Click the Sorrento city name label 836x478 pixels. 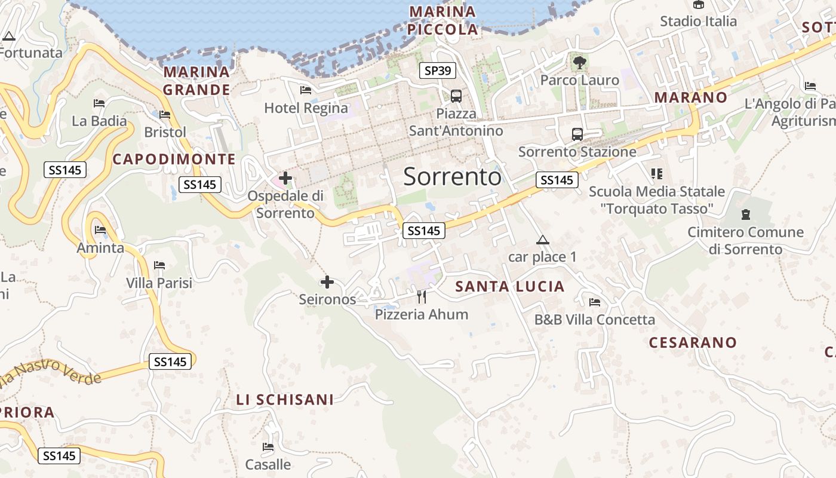click(x=452, y=177)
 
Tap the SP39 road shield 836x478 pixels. click(x=438, y=71)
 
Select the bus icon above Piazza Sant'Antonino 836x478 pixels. click(x=456, y=96)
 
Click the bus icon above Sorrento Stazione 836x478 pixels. click(x=577, y=134)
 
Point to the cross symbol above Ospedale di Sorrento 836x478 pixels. click(x=285, y=178)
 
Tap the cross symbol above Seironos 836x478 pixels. click(x=327, y=282)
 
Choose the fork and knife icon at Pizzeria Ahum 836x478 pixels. click(x=422, y=296)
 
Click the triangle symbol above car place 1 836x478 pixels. click(x=542, y=240)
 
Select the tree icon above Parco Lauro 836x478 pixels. click(x=579, y=61)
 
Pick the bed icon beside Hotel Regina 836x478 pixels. click(x=306, y=90)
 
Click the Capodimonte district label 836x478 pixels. click(x=174, y=159)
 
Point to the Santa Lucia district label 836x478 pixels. click(x=510, y=287)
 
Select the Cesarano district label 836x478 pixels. click(x=693, y=342)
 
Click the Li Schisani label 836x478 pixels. click(x=285, y=400)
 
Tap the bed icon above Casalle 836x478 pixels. click(x=268, y=446)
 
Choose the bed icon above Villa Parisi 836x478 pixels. click(x=159, y=265)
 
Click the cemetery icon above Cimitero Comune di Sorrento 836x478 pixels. click(x=745, y=214)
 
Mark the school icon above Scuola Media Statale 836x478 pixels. click(x=657, y=174)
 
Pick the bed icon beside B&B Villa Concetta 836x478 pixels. click(x=594, y=302)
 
